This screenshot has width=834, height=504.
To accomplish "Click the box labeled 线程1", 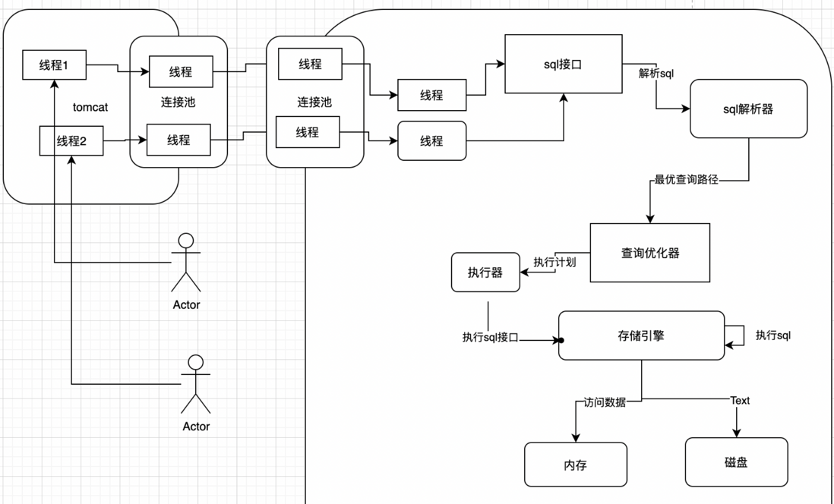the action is [54, 65].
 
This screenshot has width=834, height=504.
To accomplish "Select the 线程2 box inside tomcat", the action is [71, 141].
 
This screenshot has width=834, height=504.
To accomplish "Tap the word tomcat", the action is [90, 107].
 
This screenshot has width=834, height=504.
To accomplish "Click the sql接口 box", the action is [564, 64].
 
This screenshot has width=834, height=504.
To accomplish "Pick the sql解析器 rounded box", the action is [748, 109].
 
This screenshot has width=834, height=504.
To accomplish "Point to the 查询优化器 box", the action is [650, 253].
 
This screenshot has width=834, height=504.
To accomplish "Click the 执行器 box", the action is [485, 272].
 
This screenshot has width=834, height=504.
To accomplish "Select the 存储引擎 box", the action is [642, 335].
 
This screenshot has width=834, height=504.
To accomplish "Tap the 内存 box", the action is [576, 465].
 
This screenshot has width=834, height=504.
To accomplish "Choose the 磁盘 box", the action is [736, 462].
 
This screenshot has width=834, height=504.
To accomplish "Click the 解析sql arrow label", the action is [656, 74].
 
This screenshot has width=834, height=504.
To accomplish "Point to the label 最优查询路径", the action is [686, 180].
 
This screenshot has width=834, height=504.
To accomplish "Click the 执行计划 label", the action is [554, 262].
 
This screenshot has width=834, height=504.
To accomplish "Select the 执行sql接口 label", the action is [491, 338].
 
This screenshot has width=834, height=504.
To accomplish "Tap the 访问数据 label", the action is [605, 402].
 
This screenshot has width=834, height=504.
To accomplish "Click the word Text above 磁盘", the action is [740, 401].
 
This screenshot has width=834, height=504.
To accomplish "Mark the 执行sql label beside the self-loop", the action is [773, 335].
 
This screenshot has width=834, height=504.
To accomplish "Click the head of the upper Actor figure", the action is [185, 241].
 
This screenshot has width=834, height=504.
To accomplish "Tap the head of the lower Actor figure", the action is [196, 363].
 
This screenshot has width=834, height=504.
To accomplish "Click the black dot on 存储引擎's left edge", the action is [561, 340].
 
